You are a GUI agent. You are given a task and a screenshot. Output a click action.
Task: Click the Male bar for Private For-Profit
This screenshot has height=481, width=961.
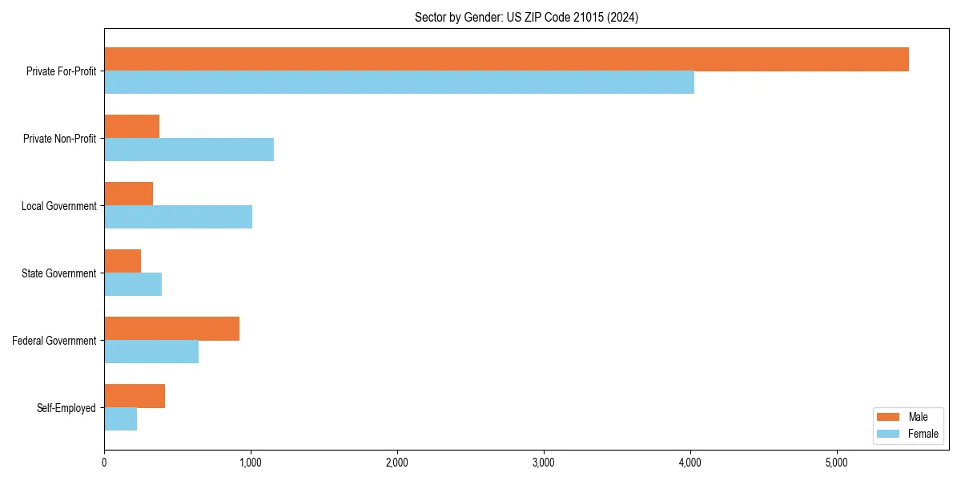click(506, 59)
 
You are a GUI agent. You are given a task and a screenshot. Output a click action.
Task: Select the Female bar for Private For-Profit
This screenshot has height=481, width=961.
click(399, 83)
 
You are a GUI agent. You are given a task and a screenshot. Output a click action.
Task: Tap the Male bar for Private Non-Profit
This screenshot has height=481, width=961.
click(131, 127)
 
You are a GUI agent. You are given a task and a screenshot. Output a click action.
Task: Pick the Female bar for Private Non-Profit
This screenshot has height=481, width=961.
click(189, 150)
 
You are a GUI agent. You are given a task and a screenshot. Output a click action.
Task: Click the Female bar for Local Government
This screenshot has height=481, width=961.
click(178, 217)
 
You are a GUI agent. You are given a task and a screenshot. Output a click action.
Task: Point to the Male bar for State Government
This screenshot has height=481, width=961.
click(123, 261)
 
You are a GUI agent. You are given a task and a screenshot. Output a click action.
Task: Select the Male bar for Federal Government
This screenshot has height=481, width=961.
click(171, 329)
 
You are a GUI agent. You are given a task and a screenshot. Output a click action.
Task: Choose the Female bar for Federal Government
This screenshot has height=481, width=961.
click(151, 352)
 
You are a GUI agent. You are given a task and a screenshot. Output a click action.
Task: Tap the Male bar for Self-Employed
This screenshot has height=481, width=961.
click(135, 396)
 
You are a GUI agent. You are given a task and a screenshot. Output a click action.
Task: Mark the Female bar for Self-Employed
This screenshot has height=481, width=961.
click(120, 419)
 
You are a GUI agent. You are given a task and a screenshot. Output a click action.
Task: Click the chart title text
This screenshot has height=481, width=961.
click(526, 17)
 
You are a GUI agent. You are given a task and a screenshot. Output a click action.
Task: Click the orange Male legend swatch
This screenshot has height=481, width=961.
click(889, 417)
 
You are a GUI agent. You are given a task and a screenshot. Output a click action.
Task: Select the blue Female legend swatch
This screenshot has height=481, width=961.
click(889, 434)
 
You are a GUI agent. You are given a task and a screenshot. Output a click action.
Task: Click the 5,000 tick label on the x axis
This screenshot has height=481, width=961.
click(836, 463)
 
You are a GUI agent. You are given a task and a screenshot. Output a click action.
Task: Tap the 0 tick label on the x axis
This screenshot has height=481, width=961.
click(104, 463)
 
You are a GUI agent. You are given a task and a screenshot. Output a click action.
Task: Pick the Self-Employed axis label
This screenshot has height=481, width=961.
click(66, 408)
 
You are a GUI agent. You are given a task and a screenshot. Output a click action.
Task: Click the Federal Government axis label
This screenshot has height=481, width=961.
click(54, 341)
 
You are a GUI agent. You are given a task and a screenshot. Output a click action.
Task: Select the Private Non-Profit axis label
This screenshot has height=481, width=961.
click(59, 139)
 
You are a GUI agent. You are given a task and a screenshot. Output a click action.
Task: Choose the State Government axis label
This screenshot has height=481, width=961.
click(58, 273)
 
